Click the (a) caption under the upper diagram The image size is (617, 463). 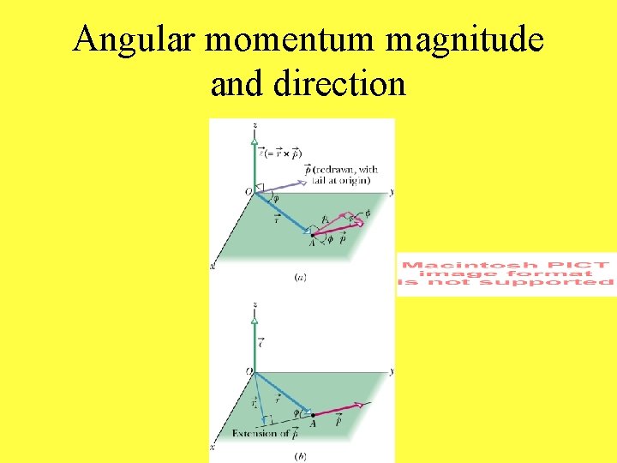coord(300,277)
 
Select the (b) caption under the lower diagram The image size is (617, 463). coord(299,455)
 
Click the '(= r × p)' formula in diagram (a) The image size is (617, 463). coord(283,154)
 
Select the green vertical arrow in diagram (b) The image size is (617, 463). coord(255,343)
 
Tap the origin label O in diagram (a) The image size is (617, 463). coord(248,193)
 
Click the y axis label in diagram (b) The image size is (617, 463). coord(391,371)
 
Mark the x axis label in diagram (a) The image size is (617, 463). coord(213,268)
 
